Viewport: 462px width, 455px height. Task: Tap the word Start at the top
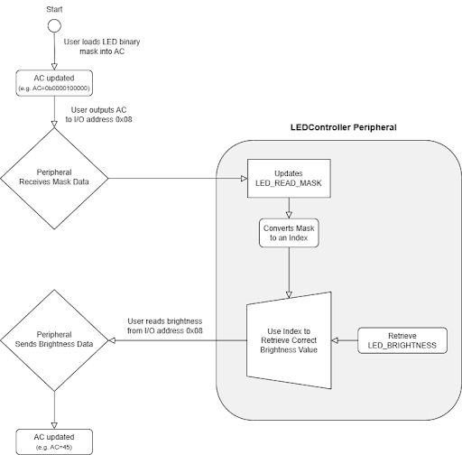point(54,7)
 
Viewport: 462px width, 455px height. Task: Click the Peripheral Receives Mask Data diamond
point(54,178)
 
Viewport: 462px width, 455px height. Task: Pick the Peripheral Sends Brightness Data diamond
point(54,340)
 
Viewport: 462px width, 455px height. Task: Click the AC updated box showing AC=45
point(54,439)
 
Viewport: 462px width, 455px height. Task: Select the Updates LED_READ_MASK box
point(288,178)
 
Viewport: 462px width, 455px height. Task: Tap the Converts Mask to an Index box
point(288,234)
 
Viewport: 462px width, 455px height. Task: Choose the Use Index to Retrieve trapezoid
point(288,341)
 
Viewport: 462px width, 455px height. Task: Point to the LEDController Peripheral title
point(343,128)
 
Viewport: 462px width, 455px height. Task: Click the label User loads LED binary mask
point(101,48)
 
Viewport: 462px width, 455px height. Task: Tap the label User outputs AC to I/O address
point(101,114)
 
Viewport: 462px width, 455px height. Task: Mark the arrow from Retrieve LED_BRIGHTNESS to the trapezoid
point(345,340)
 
